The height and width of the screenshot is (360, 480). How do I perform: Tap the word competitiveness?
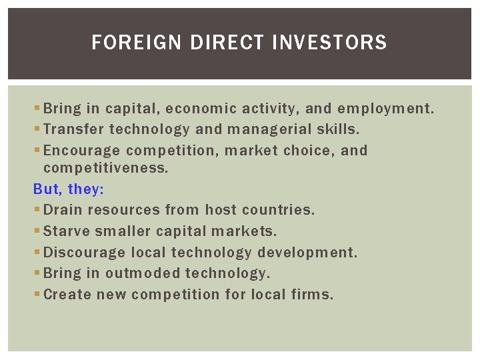(106, 168)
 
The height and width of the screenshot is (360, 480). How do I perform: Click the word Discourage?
(85, 253)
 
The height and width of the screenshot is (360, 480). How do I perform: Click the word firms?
(313, 294)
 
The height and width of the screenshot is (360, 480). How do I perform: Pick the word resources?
(122, 210)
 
